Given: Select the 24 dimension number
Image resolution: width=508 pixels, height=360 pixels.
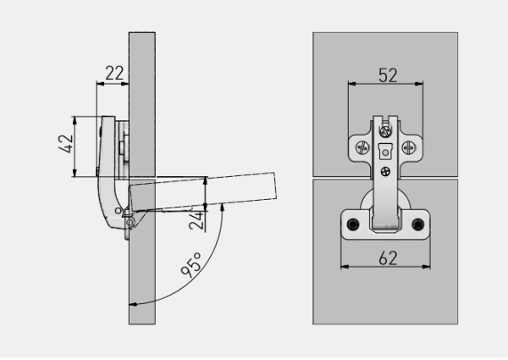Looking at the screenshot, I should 196,221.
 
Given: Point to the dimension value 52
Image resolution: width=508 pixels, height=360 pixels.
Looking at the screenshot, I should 387,75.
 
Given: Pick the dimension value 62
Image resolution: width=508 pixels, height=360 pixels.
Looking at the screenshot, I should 387,258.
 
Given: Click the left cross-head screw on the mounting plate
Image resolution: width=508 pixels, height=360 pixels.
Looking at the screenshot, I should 362,147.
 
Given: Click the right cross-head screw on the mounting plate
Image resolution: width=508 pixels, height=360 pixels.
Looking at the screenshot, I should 411,147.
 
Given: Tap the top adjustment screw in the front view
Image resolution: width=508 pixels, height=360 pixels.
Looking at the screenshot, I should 386,131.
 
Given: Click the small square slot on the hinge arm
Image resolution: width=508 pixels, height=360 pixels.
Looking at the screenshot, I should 386,153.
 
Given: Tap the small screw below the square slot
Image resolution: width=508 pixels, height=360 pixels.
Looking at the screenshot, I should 386,172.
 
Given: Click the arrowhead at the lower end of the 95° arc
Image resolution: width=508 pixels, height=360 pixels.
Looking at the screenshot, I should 131,303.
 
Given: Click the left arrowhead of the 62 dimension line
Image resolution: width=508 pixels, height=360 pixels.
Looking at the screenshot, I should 343,267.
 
